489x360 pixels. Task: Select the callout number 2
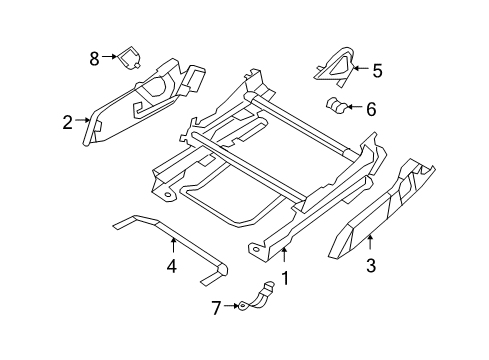[67, 123]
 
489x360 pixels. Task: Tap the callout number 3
[372, 266]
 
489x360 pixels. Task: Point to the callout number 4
[171, 267]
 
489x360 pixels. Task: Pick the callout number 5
[377, 71]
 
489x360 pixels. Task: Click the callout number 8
[94, 58]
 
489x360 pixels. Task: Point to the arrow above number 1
[285, 258]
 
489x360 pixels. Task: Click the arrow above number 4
[171, 246]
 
